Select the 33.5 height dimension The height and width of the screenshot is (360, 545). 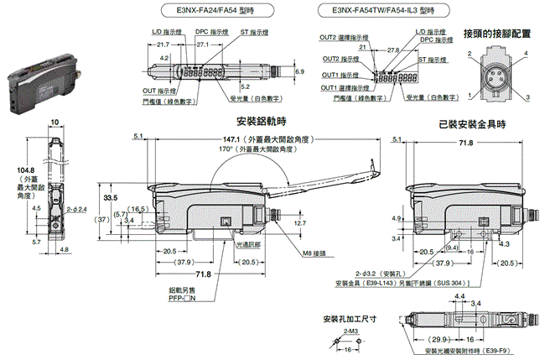click(x=109, y=198)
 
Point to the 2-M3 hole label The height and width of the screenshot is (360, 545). click(x=350, y=334)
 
